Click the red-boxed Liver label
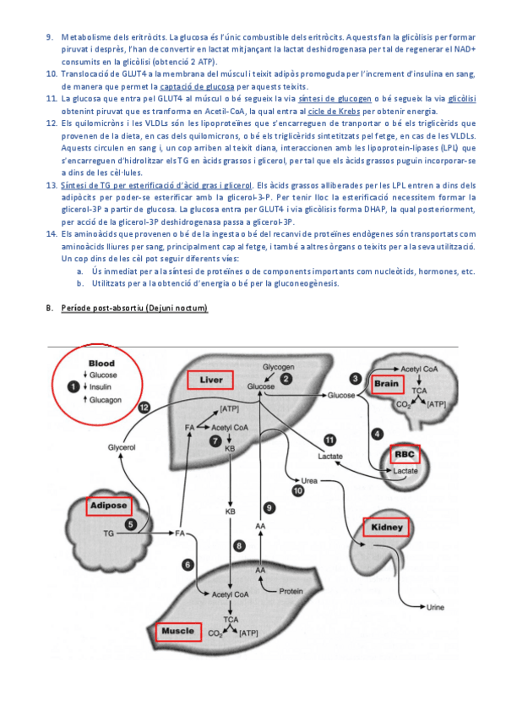pyautogui.click(x=210, y=380)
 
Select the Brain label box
pyautogui.click(x=387, y=384)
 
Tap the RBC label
pyautogui.click(x=405, y=454)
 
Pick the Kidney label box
pyautogui.click(x=386, y=528)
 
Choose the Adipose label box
pyautogui.click(x=109, y=506)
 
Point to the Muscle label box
pyautogui.click(x=178, y=632)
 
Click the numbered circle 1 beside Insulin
pyautogui.click(x=73, y=387)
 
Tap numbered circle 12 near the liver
pyautogui.click(x=144, y=408)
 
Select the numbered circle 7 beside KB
pyautogui.click(x=215, y=441)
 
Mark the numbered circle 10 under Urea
pyautogui.click(x=298, y=491)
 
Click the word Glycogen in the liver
pyautogui.click(x=278, y=367)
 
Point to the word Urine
pyautogui.click(x=435, y=607)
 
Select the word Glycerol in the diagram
pyautogui.click(x=122, y=447)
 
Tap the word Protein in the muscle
pyautogui.click(x=291, y=591)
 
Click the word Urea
pyautogui.click(x=309, y=480)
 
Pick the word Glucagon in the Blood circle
pyautogui.click(x=106, y=400)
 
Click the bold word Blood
pyautogui.click(x=101, y=364)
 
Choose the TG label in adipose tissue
pyautogui.click(x=108, y=534)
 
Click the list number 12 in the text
pyautogui.click(x=52, y=123)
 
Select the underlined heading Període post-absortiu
pyautogui.click(x=134, y=309)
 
